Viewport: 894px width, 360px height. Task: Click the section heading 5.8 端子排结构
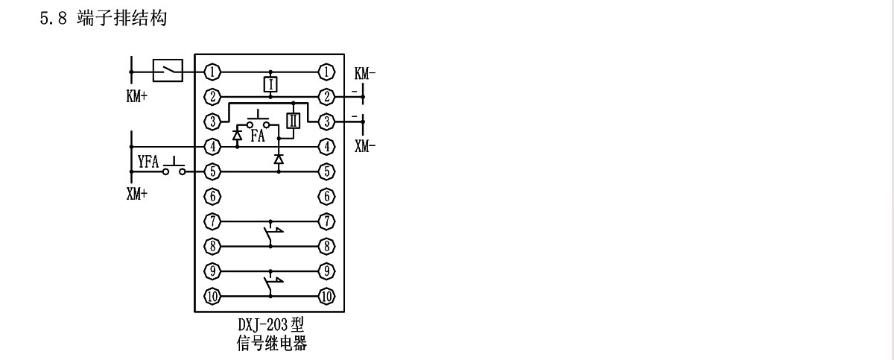(x=102, y=19)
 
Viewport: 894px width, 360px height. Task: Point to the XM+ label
(x=136, y=195)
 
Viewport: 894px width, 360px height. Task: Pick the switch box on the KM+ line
(x=168, y=72)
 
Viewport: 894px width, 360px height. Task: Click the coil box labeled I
(x=270, y=83)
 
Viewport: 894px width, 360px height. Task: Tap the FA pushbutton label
(x=257, y=136)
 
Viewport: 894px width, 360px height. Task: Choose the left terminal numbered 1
(x=213, y=72)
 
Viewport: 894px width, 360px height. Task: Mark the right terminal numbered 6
(x=326, y=197)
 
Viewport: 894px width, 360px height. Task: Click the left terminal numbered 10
(x=213, y=296)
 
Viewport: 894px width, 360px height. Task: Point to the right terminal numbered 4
(x=326, y=147)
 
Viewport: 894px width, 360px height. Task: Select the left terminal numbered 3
(x=213, y=121)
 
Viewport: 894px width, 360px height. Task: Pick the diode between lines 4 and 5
(x=279, y=160)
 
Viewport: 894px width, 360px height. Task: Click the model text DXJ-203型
(x=269, y=326)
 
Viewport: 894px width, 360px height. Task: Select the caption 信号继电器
(x=269, y=344)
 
